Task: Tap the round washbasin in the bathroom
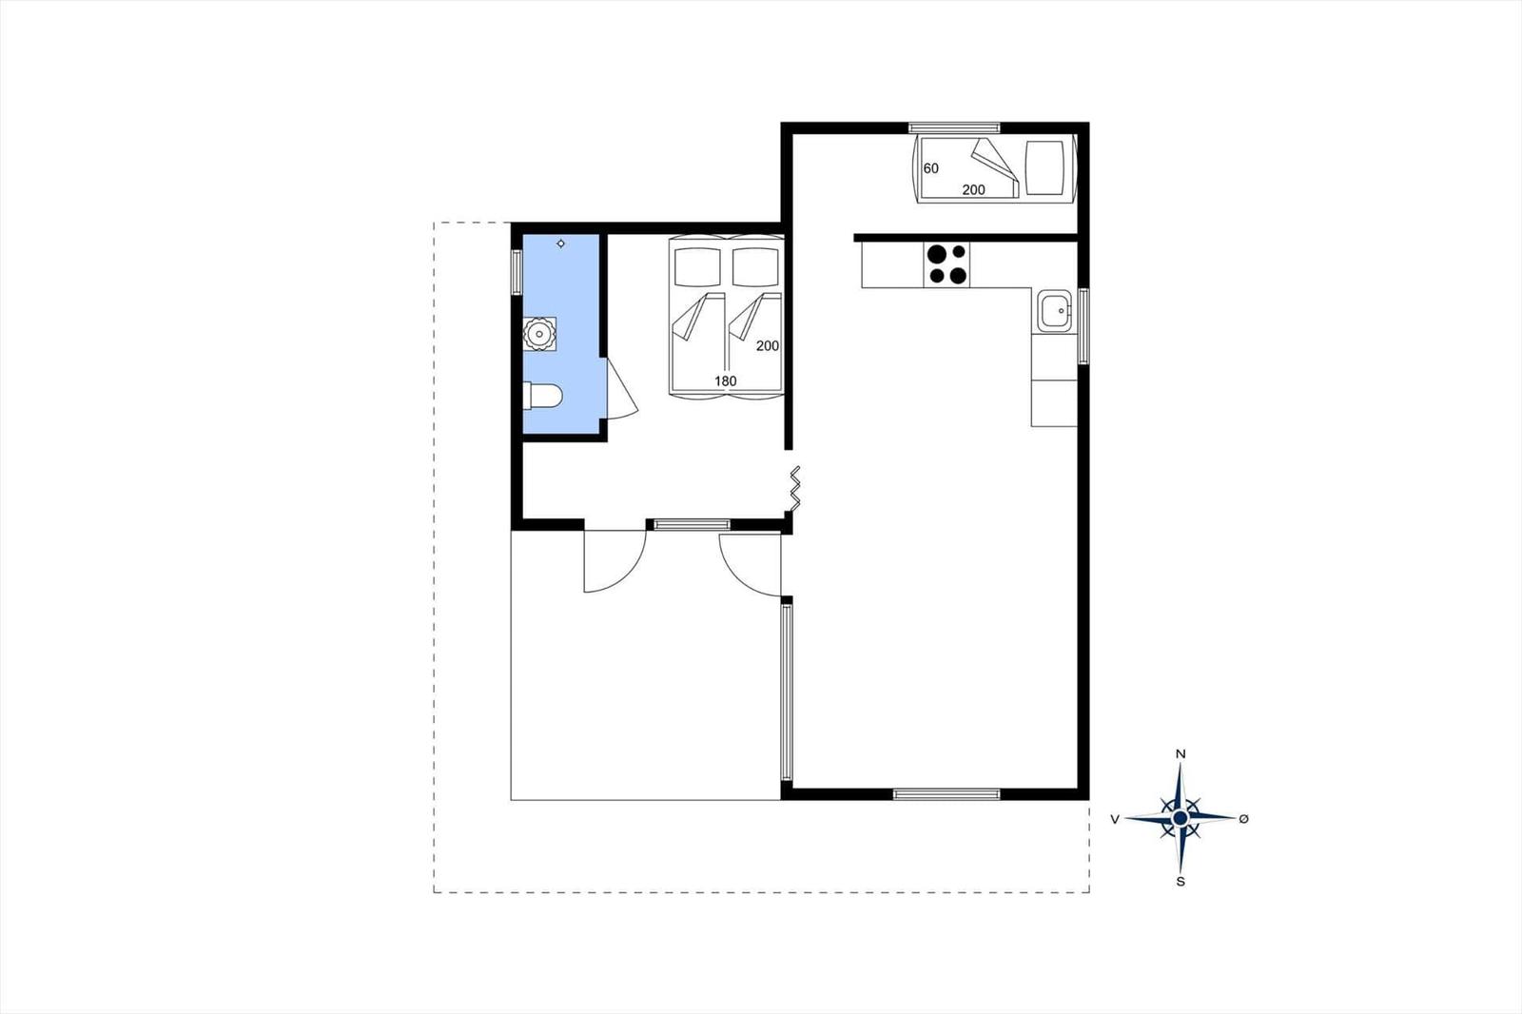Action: point(539,334)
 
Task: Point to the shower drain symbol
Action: point(560,244)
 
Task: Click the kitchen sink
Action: point(1054,311)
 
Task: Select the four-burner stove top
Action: point(946,264)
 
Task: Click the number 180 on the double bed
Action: point(725,381)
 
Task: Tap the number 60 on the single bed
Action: point(931,167)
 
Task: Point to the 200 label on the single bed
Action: point(973,189)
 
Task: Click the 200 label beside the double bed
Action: point(767,346)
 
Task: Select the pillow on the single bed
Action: point(1044,167)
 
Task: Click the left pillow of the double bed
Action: point(697,267)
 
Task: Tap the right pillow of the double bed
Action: point(755,267)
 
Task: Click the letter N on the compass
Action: point(1181,753)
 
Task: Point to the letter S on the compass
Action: point(1181,882)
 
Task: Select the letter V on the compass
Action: point(1115,820)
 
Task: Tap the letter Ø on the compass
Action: point(1244,819)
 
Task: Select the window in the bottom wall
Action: point(946,794)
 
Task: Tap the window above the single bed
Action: point(955,127)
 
